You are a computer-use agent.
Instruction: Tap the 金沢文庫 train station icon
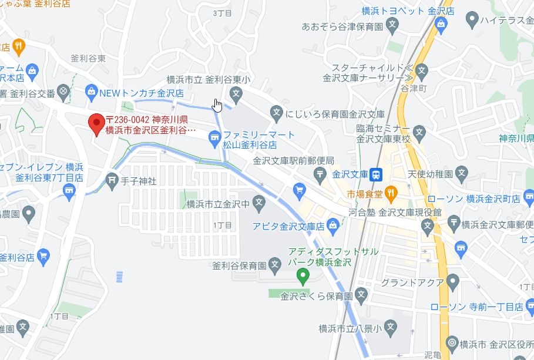377,174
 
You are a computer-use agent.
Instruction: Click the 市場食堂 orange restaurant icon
392,192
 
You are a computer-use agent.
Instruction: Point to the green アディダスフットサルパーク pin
303,274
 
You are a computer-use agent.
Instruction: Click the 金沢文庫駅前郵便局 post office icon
320,173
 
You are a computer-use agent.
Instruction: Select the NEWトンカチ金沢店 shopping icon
90,92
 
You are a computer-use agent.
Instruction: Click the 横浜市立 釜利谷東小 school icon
236,93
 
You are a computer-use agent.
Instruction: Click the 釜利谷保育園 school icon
274,264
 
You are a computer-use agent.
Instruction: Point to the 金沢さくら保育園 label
316,295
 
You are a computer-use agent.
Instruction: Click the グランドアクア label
412,283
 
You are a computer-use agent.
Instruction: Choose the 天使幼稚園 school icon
462,174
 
